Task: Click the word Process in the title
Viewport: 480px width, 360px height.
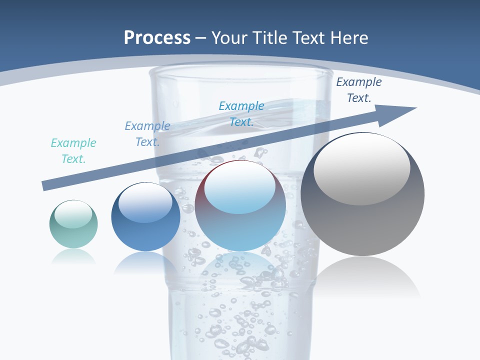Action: tap(157, 37)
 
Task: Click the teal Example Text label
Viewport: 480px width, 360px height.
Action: tap(73, 151)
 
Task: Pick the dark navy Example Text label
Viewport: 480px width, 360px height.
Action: tap(358, 90)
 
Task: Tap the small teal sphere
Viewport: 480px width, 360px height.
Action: tap(73, 224)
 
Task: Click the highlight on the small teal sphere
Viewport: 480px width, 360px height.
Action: tap(73, 214)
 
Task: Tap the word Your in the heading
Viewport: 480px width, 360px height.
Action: tap(230, 37)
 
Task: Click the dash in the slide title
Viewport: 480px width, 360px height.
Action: tap(200, 38)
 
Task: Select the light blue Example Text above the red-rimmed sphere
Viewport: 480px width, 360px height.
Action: tap(241, 114)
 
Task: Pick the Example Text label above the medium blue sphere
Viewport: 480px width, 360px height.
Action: tap(147, 134)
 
